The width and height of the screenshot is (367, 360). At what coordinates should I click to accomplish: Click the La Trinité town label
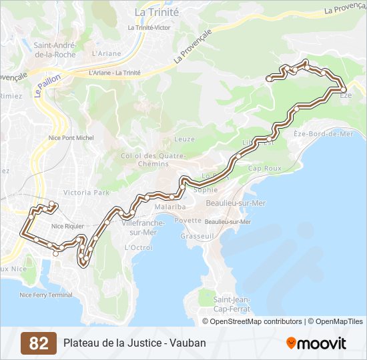[156, 12]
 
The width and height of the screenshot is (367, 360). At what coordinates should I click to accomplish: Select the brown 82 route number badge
[39, 343]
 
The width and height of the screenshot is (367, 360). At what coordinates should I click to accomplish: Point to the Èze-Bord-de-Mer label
[323, 133]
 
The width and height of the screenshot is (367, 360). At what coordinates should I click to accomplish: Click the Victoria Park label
[85, 192]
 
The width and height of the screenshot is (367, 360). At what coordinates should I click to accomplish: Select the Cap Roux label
[264, 168]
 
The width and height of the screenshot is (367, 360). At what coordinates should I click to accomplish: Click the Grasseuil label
[196, 236]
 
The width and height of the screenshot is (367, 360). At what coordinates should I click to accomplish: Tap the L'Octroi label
[139, 247]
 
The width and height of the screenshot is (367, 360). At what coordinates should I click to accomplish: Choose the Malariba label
[170, 207]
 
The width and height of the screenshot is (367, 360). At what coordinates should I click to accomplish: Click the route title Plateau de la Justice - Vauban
[135, 343]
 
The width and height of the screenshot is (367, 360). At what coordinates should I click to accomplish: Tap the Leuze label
[184, 139]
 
